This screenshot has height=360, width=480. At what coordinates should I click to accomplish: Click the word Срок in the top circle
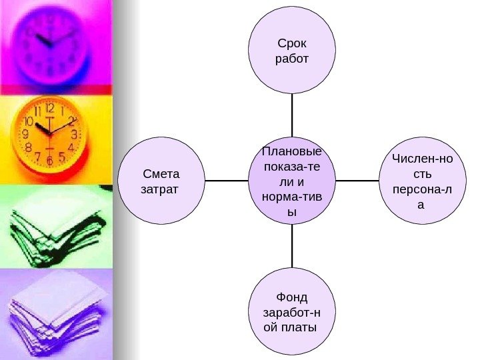point(292,44)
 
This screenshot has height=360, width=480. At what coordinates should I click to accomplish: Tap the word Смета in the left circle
point(162,175)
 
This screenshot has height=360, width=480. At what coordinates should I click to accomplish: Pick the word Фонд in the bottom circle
point(292,297)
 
